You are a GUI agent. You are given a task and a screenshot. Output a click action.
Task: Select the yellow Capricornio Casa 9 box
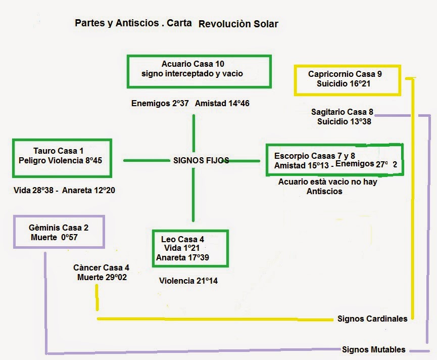[347, 79]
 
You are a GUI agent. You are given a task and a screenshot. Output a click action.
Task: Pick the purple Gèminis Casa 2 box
[60, 233]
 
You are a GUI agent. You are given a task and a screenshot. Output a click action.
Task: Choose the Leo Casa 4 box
[190, 248]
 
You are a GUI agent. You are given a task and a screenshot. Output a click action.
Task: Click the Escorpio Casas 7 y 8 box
[334, 160]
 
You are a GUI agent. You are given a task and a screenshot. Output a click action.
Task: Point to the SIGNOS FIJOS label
[201, 160]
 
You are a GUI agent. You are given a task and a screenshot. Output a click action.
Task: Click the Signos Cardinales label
[372, 319]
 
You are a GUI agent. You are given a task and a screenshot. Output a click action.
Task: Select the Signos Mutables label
[373, 349]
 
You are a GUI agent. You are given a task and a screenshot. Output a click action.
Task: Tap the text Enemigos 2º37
[160, 103]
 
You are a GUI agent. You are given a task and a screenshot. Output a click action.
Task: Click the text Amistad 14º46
[222, 103]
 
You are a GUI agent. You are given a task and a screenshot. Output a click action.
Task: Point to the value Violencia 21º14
[188, 281]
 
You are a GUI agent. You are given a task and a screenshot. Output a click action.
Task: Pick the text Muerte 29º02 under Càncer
[102, 277]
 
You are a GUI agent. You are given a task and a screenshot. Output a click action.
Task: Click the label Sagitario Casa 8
[342, 112]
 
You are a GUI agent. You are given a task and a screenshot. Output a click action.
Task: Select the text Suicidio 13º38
[344, 121]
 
